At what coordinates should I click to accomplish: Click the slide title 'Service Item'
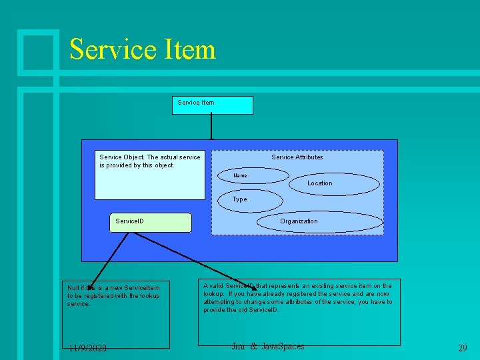[142, 49]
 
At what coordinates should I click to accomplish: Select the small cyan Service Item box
[212, 105]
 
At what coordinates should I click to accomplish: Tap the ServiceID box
[153, 222]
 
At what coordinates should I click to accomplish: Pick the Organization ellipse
[320, 221]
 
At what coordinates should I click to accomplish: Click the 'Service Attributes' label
[297, 157]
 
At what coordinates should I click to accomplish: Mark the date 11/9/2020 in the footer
[87, 347]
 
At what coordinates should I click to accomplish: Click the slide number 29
[462, 347]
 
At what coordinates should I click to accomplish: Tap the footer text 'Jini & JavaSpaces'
[267, 346]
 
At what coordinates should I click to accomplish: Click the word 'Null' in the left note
[73, 288]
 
